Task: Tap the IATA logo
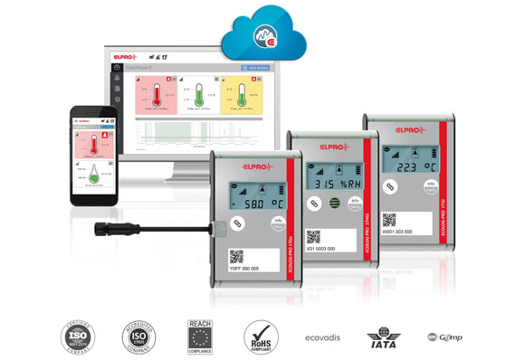tap(387, 337)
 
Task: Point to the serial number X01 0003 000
tap(320, 247)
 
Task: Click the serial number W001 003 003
tap(396, 232)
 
